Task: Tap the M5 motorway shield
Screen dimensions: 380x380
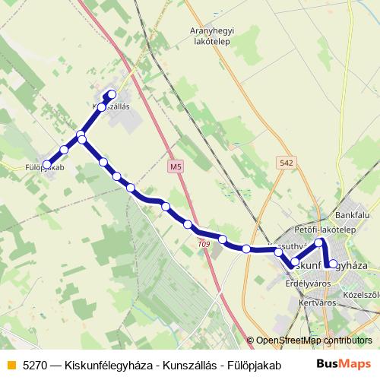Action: click(176, 166)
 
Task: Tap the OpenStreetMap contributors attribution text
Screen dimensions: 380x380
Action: click(314, 340)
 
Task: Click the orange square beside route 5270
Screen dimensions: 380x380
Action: click(11, 365)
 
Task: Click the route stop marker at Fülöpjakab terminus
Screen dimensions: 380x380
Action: click(47, 163)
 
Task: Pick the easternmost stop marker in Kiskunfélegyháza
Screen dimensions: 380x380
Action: click(333, 264)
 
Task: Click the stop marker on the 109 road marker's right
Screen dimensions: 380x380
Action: click(223, 239)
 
